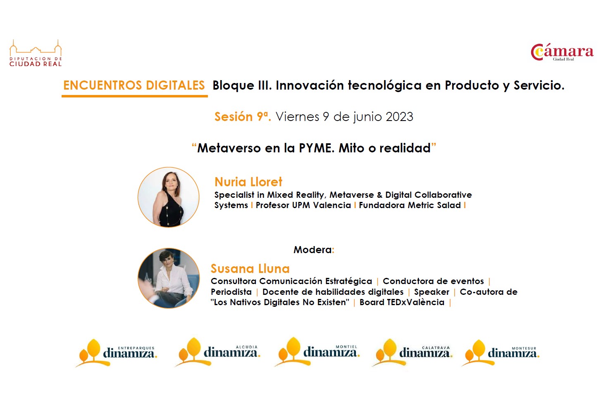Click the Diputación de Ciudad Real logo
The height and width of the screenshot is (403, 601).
36,53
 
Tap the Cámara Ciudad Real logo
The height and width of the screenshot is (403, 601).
562,52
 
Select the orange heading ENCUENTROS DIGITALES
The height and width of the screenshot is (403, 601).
134,85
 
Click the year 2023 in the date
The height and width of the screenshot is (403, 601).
399,116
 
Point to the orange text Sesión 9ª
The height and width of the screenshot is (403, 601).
243,116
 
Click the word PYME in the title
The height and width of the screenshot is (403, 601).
317,148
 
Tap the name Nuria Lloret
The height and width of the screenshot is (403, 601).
248,182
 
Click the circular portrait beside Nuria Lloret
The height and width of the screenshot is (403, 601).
169,197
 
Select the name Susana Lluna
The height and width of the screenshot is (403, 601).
250,268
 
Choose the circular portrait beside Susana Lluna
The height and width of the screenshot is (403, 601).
169,278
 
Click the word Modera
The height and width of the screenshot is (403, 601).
312,250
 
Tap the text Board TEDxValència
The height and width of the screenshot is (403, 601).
402,302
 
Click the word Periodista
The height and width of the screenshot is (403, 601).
231,292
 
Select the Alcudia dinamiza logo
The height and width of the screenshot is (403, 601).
217,352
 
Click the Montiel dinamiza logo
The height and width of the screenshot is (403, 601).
317,351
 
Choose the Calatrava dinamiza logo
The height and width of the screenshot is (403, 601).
412,353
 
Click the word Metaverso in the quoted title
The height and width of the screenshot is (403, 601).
229,148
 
